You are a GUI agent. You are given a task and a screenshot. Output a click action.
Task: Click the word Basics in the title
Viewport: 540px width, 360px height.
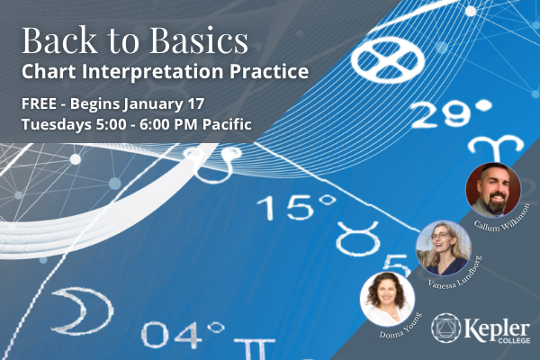click(x=199, y=40)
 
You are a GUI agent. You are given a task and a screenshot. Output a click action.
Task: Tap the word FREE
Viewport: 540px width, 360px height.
click(x=39, y=103)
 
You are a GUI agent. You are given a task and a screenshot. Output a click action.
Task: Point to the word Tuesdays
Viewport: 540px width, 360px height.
click(x=57, y=125)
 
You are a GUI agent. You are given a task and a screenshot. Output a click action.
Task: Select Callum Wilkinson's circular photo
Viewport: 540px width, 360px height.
click(x=493, y=190)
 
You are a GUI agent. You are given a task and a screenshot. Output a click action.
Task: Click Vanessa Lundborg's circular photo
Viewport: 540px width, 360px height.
click(x=444, y=248)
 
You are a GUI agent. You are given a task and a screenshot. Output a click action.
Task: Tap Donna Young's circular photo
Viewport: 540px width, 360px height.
click(x=387, y=299)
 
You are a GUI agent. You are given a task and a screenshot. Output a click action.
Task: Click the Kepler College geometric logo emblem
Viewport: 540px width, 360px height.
click(x=446, y=328)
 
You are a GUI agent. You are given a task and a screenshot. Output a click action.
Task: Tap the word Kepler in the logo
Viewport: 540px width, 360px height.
click(x=497, y=329)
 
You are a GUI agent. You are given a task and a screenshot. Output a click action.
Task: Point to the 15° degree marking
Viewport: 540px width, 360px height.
click(x=296, y=207)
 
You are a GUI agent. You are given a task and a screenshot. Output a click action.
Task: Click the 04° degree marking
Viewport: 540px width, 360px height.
click(x=183, y=334)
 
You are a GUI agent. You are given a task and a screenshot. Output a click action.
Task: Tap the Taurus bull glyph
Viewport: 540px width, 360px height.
click(x=358, y=238)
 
